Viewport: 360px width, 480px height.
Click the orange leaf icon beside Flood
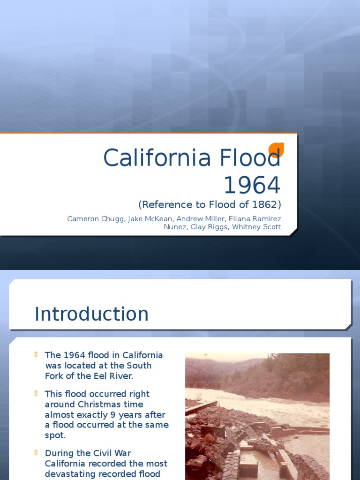coord(276,150)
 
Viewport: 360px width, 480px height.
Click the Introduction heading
coord(91,314)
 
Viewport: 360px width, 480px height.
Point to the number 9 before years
coord(112,415)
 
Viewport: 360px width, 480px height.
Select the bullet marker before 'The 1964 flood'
coord(37,354)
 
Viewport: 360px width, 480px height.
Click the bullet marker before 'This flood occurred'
coord(37,393)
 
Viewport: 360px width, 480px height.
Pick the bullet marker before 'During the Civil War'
coord(37,453)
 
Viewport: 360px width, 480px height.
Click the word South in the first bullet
coord(139,365)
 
